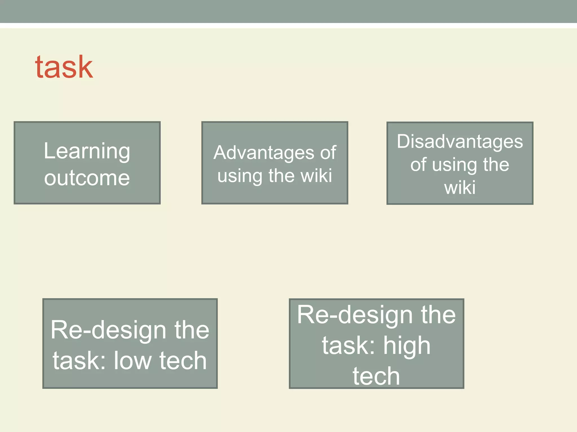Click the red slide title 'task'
pos(64,67)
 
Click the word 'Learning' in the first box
pos(87,151)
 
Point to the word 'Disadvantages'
pos(460,141)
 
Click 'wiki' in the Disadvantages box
pos(460,188)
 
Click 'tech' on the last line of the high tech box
pos(376,376)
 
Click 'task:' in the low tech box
pos(79,361)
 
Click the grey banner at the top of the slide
pos(288,11)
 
